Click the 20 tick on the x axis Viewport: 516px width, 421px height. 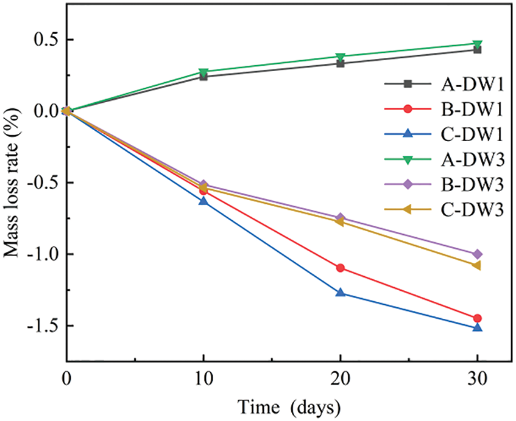tap(340, 378)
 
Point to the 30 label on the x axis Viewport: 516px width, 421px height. tap(477, 378)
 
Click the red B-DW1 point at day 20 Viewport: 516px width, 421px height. tap(340, 268)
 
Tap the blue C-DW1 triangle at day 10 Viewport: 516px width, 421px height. tap(203, 201)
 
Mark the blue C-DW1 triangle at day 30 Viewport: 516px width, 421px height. tap(477, 327)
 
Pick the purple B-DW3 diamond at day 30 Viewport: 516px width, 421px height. tap(477, 254)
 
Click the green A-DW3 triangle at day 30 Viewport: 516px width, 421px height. tap(477, 44)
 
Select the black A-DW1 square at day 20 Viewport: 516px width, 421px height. tap(340, 63)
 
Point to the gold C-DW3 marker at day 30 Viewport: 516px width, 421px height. tap(477, 265)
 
